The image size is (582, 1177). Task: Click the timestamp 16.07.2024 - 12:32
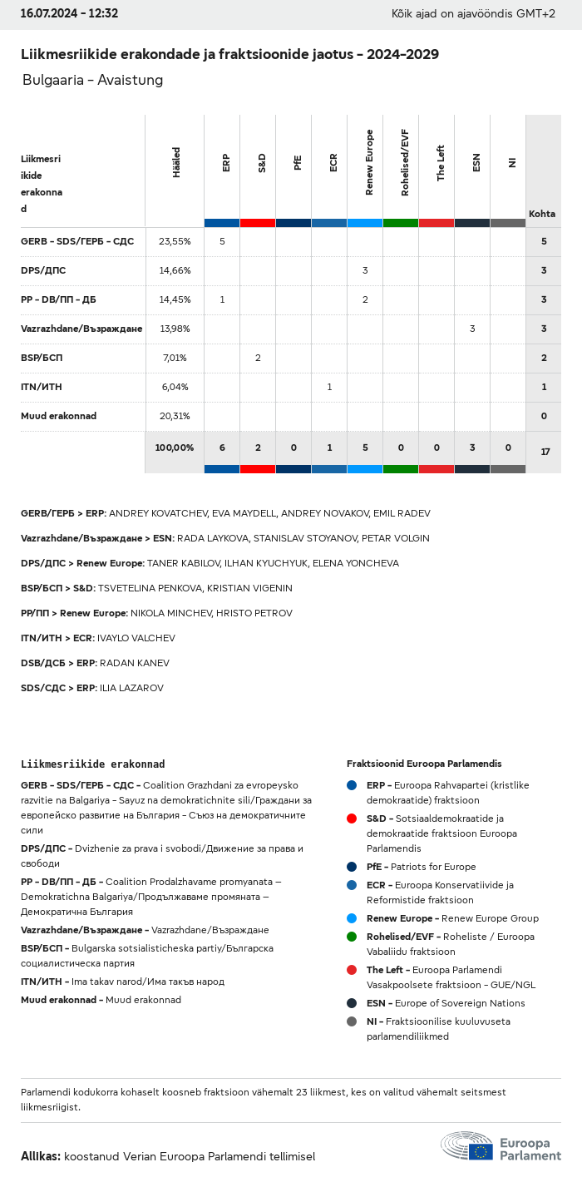69,13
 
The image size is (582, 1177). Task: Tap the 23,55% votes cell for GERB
175,241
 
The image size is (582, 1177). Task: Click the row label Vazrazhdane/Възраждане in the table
81,329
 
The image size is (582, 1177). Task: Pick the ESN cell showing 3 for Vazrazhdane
472,329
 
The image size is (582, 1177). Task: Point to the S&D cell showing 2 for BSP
258,358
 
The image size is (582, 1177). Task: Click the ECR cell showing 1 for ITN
329,387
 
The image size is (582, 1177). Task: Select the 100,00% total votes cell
175,448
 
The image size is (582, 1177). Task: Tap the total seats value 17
545,452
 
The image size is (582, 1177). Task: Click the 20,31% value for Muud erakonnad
175,416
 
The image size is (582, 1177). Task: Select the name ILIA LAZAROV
131,688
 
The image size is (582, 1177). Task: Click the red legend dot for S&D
352,818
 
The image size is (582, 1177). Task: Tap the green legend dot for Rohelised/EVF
352,937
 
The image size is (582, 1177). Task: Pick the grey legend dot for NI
352,1021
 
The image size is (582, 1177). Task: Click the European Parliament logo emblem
466,1146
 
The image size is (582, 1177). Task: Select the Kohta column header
542,214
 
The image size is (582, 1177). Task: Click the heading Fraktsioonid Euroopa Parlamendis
424,764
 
